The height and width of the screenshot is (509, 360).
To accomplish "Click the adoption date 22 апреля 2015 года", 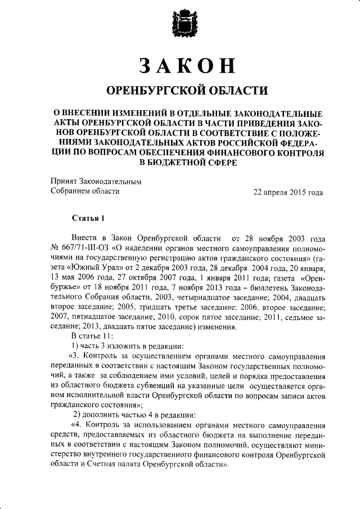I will coord(288,192).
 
